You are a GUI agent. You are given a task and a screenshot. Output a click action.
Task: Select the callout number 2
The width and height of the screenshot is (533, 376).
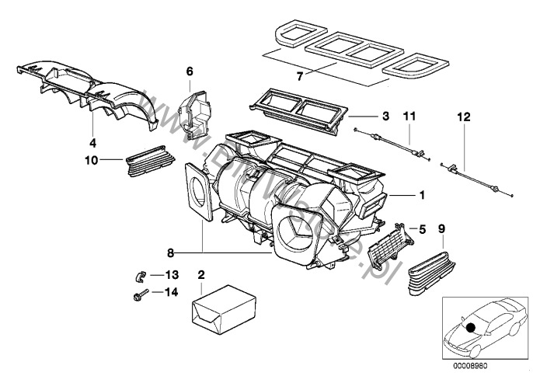pos(202,275)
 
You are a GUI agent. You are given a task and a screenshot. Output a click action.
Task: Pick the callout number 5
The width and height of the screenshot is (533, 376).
pos(421,229)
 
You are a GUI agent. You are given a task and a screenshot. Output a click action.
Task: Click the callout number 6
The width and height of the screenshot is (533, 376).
pos(188,71)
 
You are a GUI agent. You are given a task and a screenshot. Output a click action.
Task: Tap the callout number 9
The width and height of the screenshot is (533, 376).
pos(441,229)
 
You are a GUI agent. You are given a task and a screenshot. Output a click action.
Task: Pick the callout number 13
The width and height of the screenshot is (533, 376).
pos(171,274)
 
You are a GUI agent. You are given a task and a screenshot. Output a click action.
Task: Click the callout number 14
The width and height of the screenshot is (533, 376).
pos(171,292)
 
